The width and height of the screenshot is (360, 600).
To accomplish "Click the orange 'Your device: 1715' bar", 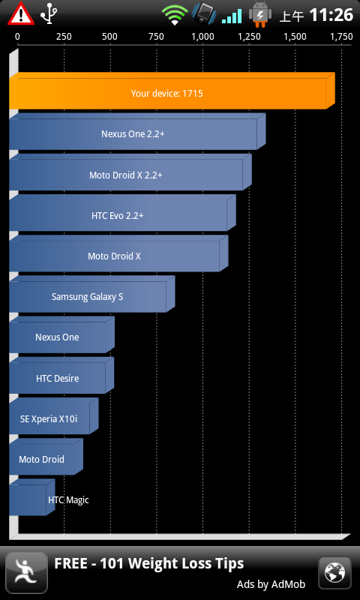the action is click(172, 91).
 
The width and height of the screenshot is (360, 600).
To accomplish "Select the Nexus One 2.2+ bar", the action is click(137, 131).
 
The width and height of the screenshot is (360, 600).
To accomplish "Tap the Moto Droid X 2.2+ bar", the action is click(130, 172).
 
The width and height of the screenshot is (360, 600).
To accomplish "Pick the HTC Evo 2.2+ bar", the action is click(122, 213).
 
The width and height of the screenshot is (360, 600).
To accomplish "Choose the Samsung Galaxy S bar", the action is click(91, 294).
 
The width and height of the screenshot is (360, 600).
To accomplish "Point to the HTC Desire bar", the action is click(61, 376).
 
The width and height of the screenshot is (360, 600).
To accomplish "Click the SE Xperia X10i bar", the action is click(53, 416).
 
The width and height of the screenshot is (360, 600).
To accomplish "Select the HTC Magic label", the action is click(68, 499).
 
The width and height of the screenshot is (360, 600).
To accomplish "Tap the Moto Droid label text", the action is click(42, 459).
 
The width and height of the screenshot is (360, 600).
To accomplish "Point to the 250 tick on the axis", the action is click(64, 37).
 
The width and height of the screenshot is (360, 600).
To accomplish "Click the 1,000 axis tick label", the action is click(202, 37).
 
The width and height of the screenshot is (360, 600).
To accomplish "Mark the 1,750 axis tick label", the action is click(341, 37).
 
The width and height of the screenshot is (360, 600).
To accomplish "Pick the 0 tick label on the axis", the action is click(17, 37).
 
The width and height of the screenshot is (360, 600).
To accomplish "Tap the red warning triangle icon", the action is click(21, 14).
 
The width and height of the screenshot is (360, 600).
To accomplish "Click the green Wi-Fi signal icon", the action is click(175, 15).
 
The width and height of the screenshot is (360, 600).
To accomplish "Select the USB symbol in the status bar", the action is click(49, 14).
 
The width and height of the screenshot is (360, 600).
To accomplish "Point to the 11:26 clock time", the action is click(331, 15).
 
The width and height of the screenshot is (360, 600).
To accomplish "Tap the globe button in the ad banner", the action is click(334, 573).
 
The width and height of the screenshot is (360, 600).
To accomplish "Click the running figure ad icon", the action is click(27, 573).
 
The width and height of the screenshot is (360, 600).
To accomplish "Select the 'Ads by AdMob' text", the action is click(271, 584).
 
